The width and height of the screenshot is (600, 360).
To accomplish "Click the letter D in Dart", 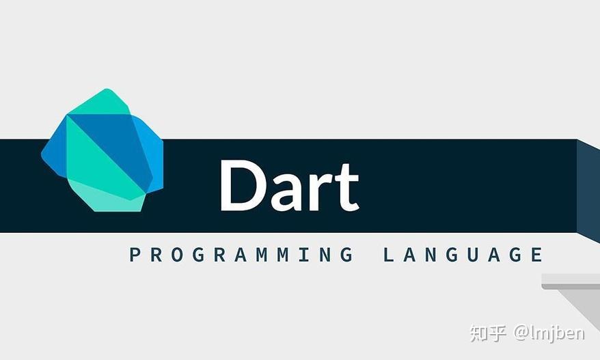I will (243, 185).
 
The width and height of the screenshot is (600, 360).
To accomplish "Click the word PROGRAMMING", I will (241, 255).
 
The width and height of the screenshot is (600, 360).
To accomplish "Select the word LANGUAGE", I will (463, 255).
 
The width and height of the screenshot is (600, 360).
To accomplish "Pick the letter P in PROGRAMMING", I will (135, 255).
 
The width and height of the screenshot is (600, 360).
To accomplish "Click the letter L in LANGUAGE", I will (389, 255).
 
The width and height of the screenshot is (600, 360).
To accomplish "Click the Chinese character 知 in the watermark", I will (478, 333).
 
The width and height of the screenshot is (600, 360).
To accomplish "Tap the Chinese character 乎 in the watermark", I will (498, 333).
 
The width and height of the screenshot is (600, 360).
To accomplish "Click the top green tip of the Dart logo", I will (107, 99).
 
